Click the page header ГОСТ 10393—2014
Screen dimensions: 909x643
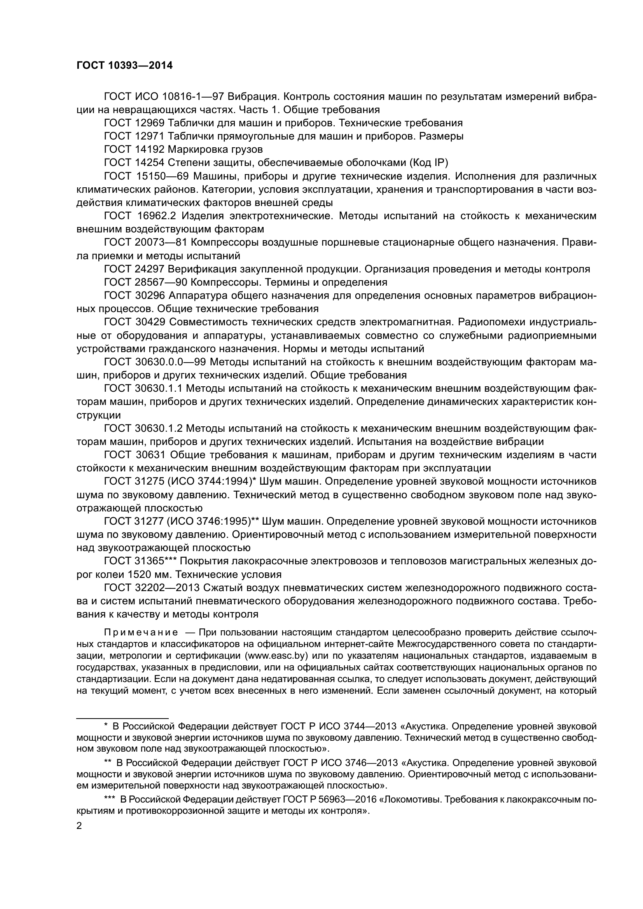tap(124, 66)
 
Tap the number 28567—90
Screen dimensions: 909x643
tap(164, 282)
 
